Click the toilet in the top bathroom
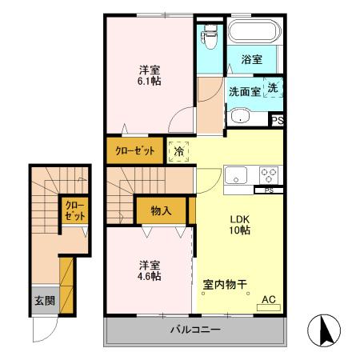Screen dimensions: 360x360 tap(210, 35)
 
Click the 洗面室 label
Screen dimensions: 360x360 tap(244, 91)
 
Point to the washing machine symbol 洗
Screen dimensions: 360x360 tap(274, 89)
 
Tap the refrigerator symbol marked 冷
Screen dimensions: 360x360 tap(178, 150)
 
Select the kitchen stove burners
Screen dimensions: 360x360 tap(267, 174)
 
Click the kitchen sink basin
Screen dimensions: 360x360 tap(237, 175)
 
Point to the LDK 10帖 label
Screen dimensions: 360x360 tap(241, 225)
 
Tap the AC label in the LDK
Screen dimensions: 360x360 tap(270, 301)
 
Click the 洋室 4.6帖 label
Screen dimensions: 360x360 tap(149, 270)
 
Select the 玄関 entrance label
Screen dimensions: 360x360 tap(44, 302)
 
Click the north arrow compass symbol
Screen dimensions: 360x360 tap(324, 329)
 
